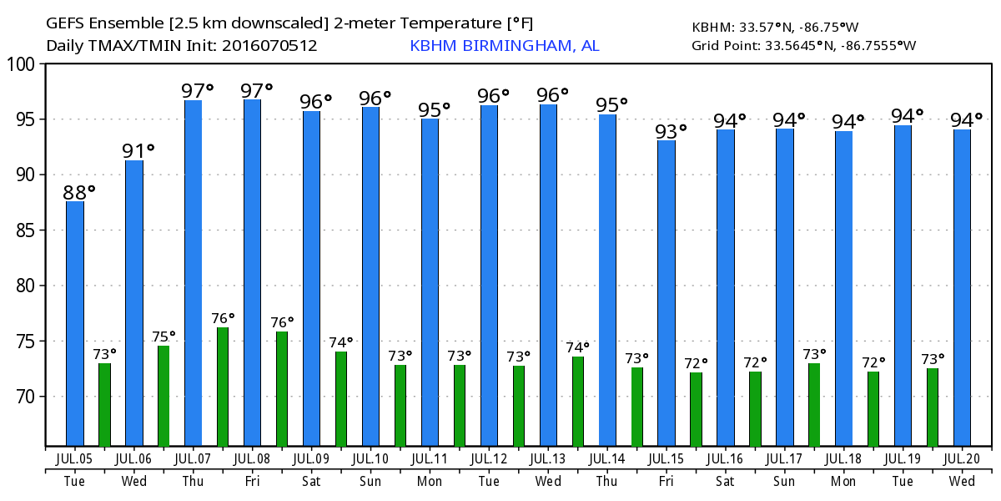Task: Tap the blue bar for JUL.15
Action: tap(666, 292)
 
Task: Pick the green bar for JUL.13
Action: tap(578, 401)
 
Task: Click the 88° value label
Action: tap(79, 191)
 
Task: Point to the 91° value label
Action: tap(138, 151)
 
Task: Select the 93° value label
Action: tap(671, 130)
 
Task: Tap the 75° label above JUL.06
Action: tap(163, 337)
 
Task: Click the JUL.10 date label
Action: tap(370, 458)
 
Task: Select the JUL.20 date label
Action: tap(963, 458)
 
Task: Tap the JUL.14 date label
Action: tap(607, 458)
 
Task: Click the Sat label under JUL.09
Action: tap(311, 482)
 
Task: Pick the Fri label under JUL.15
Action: tap(666, 482)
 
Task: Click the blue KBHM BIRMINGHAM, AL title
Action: tap(505, 46)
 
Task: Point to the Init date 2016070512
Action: tap(269, 46)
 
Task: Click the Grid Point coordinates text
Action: tap(803, 46)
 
